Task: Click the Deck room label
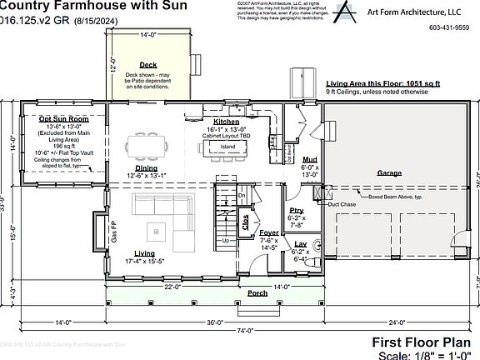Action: point(148,64)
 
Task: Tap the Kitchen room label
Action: point(226,122)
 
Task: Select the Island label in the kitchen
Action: point(227,147)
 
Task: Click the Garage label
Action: point(389,172)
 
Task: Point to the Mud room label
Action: point(309,158)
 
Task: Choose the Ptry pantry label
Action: point(296,210)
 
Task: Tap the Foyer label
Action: point(269,232)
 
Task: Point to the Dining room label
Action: point(146,167)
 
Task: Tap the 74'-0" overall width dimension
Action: point(244,331)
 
